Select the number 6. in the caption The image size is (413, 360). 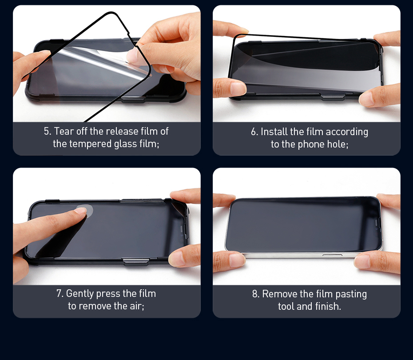pos(254,132)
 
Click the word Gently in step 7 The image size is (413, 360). pos(80,294)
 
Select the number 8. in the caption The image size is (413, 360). pos(256,294)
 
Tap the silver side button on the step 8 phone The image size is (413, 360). pos(333,255)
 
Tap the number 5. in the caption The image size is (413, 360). pos(48,131)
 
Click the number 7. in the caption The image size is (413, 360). pos(60,294)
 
